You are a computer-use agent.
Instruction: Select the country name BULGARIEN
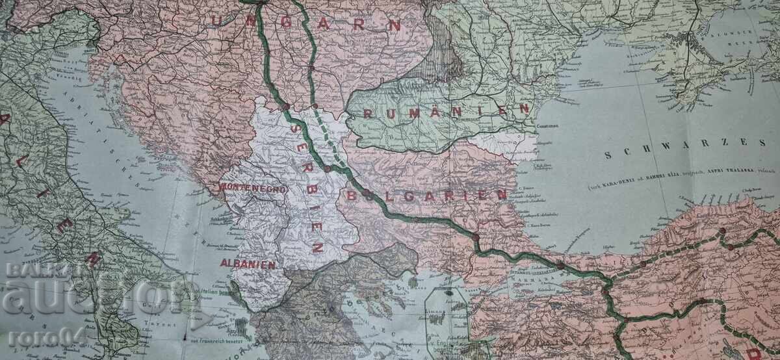(426, 194)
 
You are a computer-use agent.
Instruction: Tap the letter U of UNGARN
(217, 19)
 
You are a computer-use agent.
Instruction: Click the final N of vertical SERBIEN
(319, 247)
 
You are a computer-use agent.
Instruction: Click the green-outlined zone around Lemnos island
(445, 312)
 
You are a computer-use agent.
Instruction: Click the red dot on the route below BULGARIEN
(476, 237)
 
